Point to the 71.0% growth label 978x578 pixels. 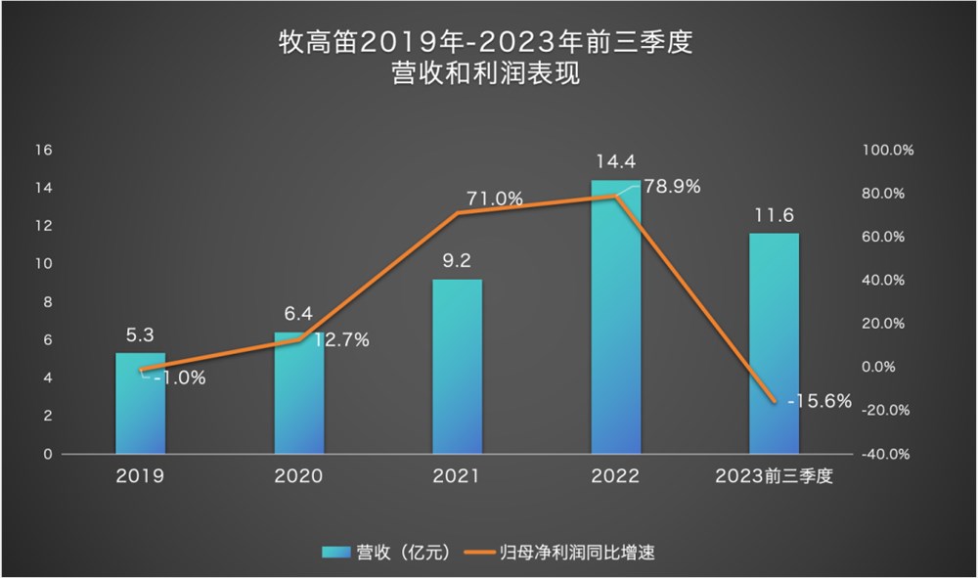[x=495, y=199]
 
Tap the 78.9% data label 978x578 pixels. [x=672, y=187]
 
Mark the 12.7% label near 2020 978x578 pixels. [x=341, y=340]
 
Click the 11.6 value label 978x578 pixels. [x=774, y=214]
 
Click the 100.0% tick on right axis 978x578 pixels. [x=887, y=150]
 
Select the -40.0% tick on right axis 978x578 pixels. [x=887, y=455]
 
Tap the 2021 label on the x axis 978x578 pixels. [x=457, y=477]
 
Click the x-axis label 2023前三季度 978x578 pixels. [x=774, y=477]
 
